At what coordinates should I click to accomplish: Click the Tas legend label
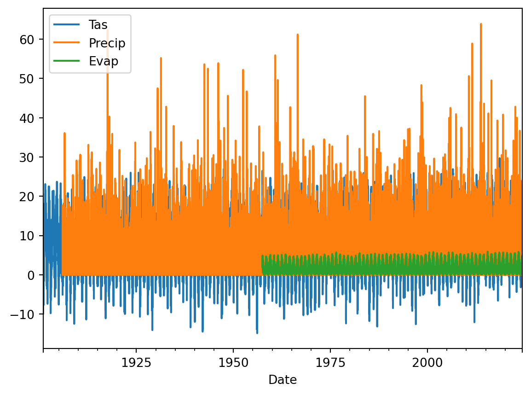pyautogui.click(x=98, y=25)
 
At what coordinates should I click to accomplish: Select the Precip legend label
pyautogui.click(x=107, y=43)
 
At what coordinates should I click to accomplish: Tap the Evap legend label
pyautogui.click(x=103, y=61)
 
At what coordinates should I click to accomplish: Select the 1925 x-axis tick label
pyautogui.click(x=136, y=362)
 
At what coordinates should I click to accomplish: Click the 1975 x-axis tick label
pyautogui.click(x=330, y=362)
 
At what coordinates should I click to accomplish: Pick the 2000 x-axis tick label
pyautogui.click(x=427, y=362)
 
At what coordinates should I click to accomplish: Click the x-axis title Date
pyautogui.click(x=283, y=380)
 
